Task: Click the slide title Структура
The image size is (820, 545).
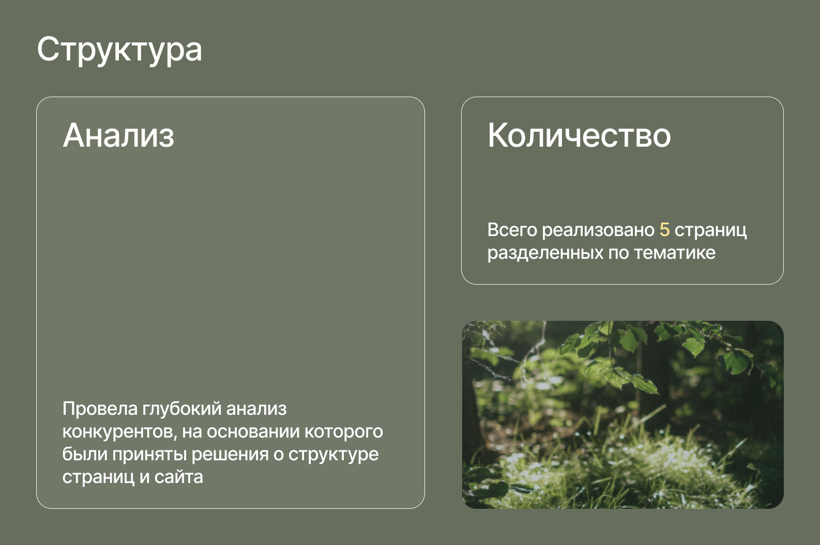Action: (119, 51)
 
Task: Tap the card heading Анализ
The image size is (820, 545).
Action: (118, 135)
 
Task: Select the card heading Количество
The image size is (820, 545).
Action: (579, 135)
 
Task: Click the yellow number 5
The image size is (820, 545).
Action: (664, 230)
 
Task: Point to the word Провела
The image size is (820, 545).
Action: (100, 409)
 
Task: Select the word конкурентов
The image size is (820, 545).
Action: (119, 432)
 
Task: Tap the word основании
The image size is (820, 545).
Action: (253, 432)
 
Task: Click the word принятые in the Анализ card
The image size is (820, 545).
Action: (149, 455)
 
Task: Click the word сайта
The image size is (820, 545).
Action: (178, 477)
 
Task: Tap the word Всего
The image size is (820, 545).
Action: (512, 230)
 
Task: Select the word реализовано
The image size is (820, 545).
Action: (598, 230)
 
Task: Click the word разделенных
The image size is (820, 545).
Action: (545, 253)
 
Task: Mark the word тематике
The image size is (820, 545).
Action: (674, 253)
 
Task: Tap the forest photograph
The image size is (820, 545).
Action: (622, 414)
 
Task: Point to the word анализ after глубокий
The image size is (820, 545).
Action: (256, 409)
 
